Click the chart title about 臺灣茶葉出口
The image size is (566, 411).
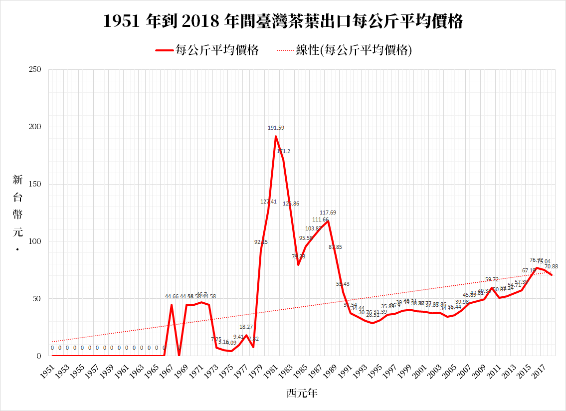283,22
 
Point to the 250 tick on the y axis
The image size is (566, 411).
34,70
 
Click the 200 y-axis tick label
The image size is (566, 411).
34,127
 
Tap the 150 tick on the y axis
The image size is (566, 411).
34,185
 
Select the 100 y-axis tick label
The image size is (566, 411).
34,241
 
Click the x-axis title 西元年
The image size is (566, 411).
302,393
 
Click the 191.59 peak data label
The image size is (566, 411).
275,128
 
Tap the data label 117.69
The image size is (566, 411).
328,213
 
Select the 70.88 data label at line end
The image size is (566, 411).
551,267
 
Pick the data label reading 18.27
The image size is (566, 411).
246,327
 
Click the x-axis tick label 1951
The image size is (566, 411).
48,371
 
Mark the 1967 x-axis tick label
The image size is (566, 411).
167,371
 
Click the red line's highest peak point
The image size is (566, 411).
276,136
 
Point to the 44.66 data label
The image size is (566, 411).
172,297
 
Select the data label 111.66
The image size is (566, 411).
320,220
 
